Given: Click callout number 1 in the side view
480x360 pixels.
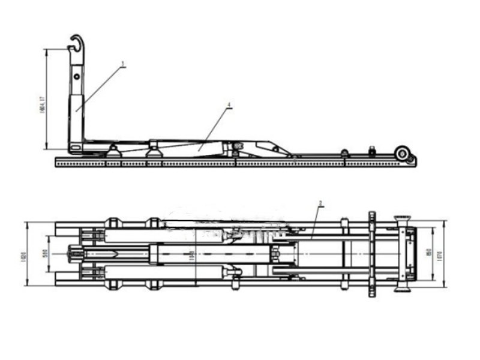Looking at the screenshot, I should pyautogui.click(x=123, y=63).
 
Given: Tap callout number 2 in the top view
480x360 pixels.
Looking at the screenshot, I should pyautogui.click(x=321, y=203).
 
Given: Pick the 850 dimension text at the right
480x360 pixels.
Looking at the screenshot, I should pyautogui.click(x=428, y=254).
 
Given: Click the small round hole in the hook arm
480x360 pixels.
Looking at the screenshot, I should pyautogui.click(x=77, y=77).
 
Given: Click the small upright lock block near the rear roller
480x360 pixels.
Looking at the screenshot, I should pyautogui.click(x=372, y=151).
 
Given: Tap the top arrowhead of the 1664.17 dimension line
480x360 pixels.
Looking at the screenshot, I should pyautogui.click(x=47, y=50).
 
